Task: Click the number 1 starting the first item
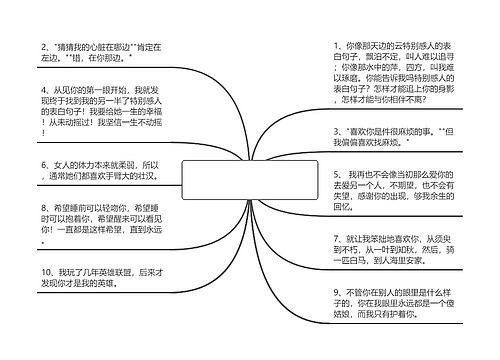pos(334,46)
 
